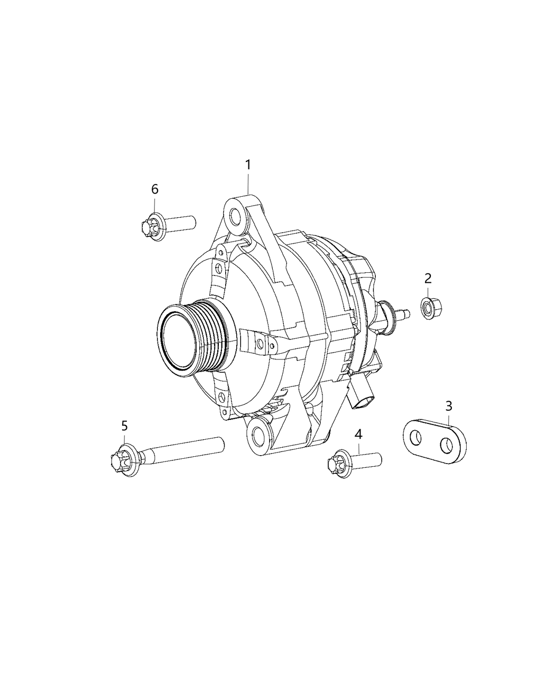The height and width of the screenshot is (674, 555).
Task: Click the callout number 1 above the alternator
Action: point(247,165)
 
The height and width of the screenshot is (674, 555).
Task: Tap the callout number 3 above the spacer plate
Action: point(448,407)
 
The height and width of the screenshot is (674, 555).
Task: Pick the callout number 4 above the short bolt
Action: point(358,435)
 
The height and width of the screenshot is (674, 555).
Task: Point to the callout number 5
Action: point(124,426)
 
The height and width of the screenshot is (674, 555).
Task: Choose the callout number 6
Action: point(154,189)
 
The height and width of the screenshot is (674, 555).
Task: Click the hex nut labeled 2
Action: point(428,308)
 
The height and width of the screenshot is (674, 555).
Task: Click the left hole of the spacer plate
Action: point(418,438)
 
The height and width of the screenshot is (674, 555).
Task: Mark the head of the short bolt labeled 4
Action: point(336,465)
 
